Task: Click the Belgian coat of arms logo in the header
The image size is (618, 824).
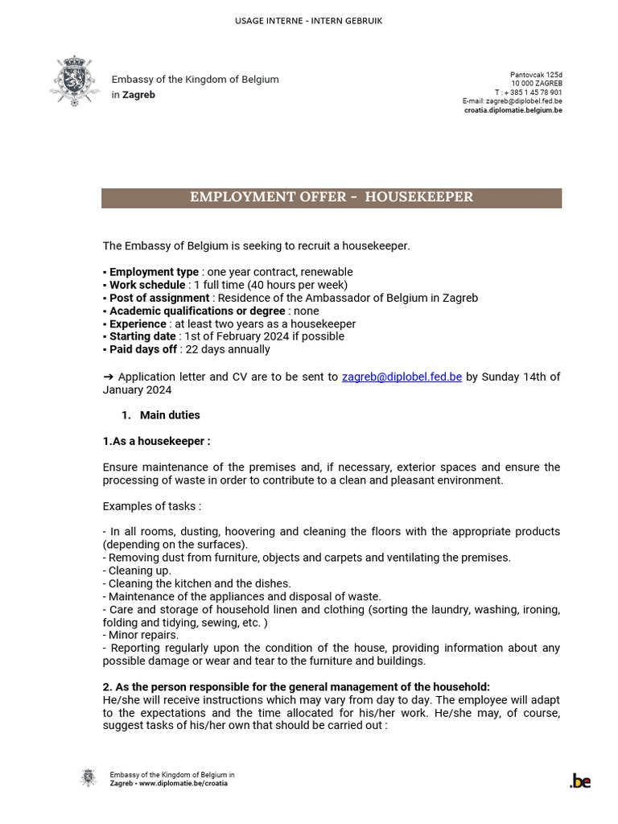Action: pos(75,80)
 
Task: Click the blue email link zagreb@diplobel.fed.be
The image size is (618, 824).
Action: pos(402,377)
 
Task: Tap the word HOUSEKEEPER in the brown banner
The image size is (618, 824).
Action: pos(418,197)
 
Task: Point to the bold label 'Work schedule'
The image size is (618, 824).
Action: pos(146,285)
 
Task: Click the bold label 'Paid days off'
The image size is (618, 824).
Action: pos(142,349)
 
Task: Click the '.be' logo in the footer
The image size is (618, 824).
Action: pos(579,781)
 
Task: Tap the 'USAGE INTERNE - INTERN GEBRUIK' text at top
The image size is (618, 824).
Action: pos(309,20)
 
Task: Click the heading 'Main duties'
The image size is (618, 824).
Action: pos(170,415)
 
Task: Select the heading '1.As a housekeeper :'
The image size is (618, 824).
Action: pos(156,441)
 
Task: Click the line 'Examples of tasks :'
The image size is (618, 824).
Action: pos(151,506)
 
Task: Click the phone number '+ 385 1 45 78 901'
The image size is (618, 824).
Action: pos(533,93)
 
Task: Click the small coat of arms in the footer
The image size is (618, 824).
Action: pos(88,778)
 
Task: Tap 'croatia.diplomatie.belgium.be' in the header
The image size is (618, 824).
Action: pos(513,110)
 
